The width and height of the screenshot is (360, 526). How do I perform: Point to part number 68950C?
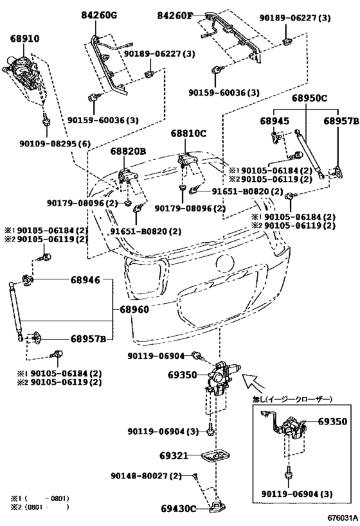click(x=309, y=100)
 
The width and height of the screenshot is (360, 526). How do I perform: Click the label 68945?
click(x=274, y=121)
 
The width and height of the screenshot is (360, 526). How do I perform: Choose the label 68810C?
click(x=188, y=134)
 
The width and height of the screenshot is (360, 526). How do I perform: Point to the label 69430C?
click(x=177, y=509)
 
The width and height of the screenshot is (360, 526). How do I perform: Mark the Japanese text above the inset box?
click(x=291, y=399)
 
